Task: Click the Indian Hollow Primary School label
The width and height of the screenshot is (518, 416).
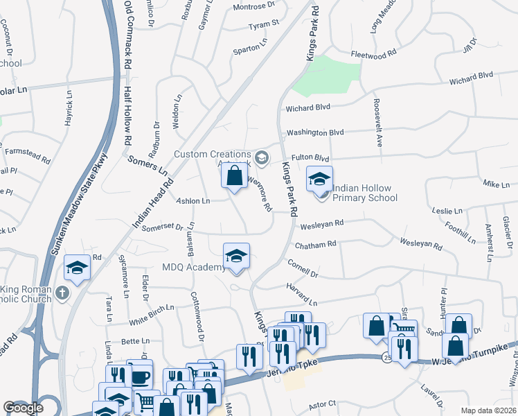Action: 365,193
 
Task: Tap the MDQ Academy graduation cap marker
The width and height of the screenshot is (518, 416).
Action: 236,257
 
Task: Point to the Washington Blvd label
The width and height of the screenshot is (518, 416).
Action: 315,132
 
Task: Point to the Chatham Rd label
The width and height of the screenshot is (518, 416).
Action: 315,244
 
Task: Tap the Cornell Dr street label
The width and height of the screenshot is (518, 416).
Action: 302,269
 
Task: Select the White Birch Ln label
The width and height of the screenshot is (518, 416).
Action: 152,313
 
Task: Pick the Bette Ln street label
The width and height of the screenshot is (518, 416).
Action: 135,341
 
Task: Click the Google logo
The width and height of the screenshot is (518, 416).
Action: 23,408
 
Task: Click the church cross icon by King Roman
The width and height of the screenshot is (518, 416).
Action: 62,293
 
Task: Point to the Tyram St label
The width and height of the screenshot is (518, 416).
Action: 263,24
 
